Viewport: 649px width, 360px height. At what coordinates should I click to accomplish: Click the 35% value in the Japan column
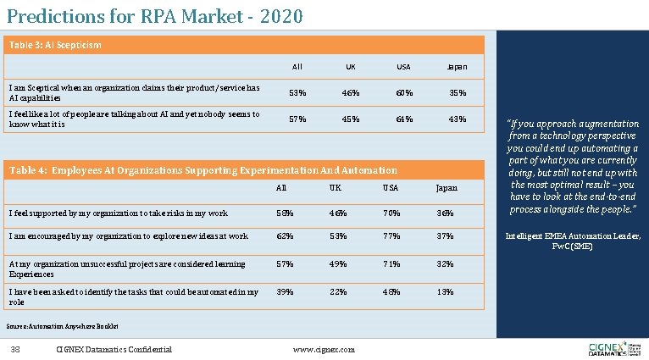(x=457, y=91)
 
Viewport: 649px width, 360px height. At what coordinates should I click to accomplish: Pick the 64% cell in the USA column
(x=404, y=119)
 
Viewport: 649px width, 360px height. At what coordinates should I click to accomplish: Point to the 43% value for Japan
(x=457, y=119)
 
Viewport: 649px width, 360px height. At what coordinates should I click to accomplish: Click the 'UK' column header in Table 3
(x=350, y=66)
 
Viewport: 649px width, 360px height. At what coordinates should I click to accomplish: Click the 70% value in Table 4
(x=391, y=212)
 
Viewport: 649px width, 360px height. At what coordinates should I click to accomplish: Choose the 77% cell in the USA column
(x=391, y=237)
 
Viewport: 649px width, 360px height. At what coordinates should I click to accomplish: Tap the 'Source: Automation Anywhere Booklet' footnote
(x=62, y=325)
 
